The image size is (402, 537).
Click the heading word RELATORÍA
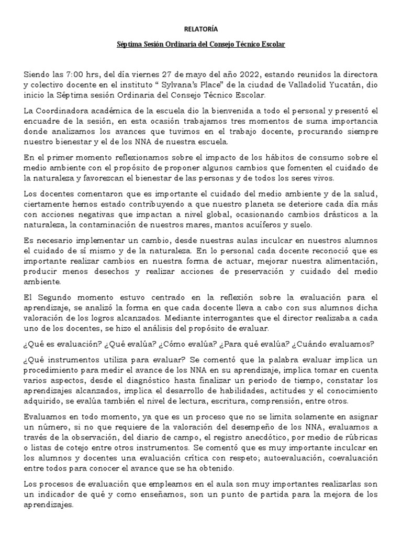click(200, 30)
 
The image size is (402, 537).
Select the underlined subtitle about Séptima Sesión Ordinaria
click(200, 46)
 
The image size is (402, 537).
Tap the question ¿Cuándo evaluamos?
click(342, 343)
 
